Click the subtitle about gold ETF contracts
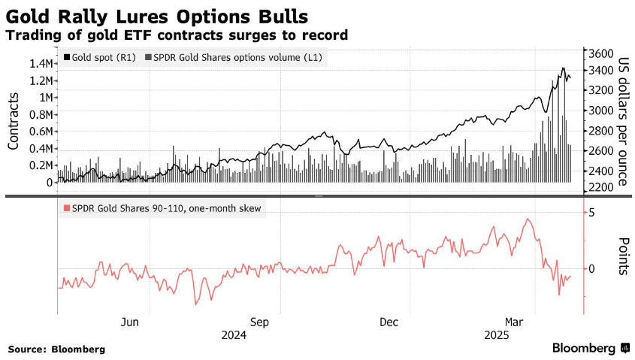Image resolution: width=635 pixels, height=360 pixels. coord(177,35)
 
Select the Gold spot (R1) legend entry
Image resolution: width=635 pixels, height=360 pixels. coord(101,57)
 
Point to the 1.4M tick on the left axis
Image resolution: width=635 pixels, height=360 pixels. coord(40,63)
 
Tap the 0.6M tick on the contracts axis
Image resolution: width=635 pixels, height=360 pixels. coord(40,132)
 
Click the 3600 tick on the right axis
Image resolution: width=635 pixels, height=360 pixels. coord(602,54)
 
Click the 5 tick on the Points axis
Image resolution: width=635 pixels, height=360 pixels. coord(592,213)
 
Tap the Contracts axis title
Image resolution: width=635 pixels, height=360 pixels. coord(14,120)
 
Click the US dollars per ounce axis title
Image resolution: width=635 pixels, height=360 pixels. coord(623,120)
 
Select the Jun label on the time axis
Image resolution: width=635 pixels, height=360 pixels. coord(130,322)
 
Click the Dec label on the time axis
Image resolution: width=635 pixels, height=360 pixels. coord(389,322)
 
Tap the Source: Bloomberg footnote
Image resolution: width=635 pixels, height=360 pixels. coord(56,349)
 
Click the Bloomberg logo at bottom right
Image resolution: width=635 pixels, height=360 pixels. coord(591,348)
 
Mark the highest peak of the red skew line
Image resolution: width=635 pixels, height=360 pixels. coord(529,219)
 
